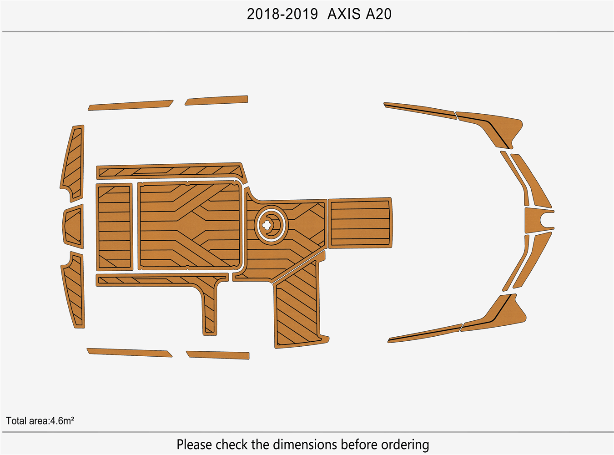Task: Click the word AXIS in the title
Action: (344, 14)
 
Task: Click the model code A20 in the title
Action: (379, 14)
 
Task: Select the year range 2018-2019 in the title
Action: (282, 14)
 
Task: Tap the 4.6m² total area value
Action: (62, 421)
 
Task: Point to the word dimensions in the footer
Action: (305, 444)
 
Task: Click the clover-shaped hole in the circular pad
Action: (267, 225)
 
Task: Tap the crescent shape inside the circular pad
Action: (275, 225)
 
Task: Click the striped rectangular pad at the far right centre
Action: (360, 223)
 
